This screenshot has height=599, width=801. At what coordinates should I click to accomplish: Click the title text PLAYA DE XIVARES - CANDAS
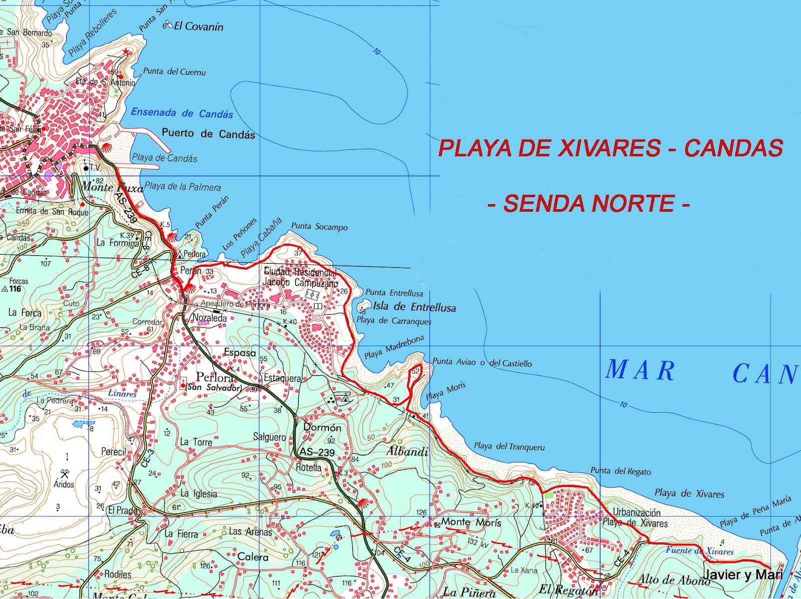610,148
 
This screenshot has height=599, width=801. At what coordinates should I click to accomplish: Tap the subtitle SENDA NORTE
589,204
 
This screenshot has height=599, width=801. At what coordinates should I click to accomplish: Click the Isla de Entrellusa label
414,307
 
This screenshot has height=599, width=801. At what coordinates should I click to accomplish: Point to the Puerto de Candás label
208,134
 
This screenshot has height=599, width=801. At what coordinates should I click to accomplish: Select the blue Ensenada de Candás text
182,113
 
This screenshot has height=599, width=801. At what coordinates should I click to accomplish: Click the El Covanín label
198,27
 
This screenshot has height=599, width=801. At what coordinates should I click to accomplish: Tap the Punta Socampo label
319,227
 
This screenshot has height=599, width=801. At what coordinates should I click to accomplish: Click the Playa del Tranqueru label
509,446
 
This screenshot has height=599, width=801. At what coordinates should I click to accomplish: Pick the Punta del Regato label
621,471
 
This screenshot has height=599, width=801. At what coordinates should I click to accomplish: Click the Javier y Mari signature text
742,575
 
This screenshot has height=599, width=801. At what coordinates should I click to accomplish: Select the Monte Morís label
471,522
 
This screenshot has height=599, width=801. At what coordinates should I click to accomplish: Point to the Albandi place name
407,452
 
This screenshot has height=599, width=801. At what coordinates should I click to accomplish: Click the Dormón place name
322,427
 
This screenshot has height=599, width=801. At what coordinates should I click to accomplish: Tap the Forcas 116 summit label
17,285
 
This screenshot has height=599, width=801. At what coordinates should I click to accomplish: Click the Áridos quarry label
64,484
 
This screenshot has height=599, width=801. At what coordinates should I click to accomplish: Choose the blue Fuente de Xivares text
699,551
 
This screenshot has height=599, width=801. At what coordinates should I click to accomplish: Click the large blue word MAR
640,370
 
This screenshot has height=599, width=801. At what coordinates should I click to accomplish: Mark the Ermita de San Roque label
52,212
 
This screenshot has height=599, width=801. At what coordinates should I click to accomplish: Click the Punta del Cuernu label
174,72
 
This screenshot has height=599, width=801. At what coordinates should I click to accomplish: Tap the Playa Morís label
446,391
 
